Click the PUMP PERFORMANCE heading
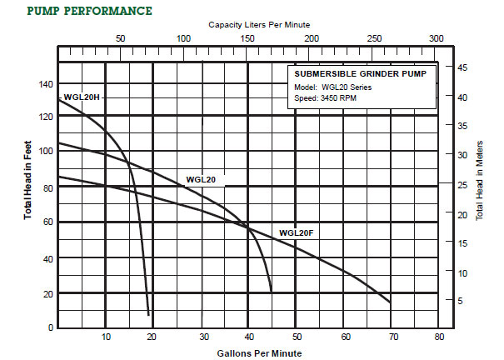point(90,11)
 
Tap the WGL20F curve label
point(297,232)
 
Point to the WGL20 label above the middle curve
point(202,179)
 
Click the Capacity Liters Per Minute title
point(259,26)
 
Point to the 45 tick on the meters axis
point(462,67)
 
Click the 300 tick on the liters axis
point(436,39)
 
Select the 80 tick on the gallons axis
point(440,337)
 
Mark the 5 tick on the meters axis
point(460,301)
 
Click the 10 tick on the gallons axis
point(106,337)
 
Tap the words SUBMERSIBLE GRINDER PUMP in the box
point(359,74)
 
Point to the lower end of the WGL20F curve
point(390,302)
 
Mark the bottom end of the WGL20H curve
point(149,315)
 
